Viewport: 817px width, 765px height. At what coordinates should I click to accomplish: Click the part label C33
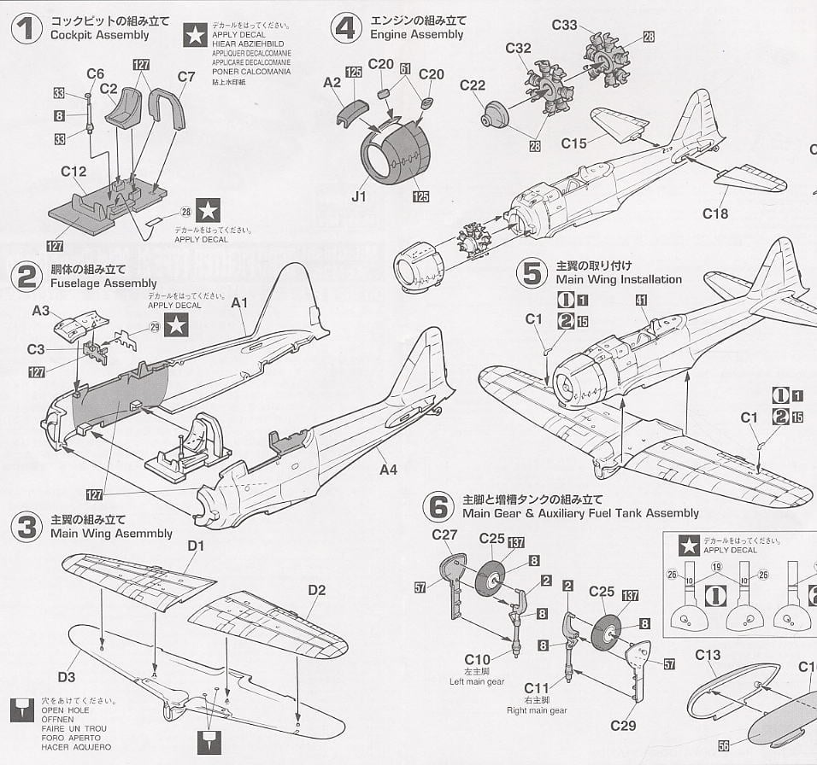pyautogui.click(x=564, y=25)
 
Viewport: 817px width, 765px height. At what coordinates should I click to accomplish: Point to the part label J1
pyautogui.click(x=358, y=196)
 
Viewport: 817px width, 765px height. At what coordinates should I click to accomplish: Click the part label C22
pyautogui.click(x=473, y=85)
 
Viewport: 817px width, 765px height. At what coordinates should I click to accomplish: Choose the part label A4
pyautogui.click(x=389, y=469)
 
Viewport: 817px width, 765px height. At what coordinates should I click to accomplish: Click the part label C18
pyautogui.click(x=715, y=213)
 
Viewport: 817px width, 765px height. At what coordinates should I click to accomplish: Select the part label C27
pyautogui.click(x=444, y=535)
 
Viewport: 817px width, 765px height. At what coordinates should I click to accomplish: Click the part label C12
pyautogui.click(x=73, y=172)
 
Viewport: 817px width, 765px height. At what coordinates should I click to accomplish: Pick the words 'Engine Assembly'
pyautogui.click(x=417, y=35)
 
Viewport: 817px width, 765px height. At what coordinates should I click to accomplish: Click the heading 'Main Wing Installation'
pyautogui.click(x=619, y=279)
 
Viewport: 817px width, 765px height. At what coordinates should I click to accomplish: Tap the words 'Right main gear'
pyautogui.click(x=537, y=710)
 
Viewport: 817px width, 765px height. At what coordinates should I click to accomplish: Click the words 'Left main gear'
pyautogui.click(x=477, y=681)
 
